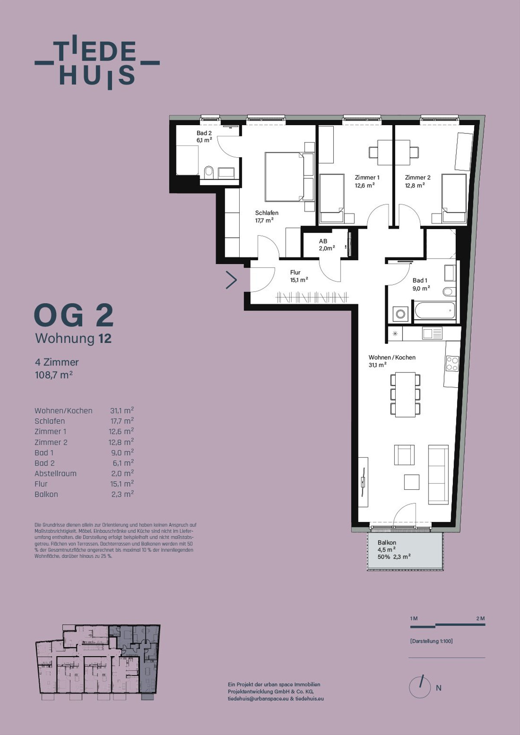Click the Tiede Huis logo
pos(97,62)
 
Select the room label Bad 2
pos(204,133)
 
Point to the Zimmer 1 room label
pos(367,178)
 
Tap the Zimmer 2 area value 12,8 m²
pos(415,185)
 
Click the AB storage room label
pos(323,241)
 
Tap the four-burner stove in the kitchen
pos(452,363)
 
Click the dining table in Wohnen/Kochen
pos(406,395)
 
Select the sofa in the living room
pos(438,474)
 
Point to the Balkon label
pos(387,543)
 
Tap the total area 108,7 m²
pos(54,374)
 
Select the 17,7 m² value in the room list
pos(122,421)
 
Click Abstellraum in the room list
pos(55,473)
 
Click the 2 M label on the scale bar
pos(480,618)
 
